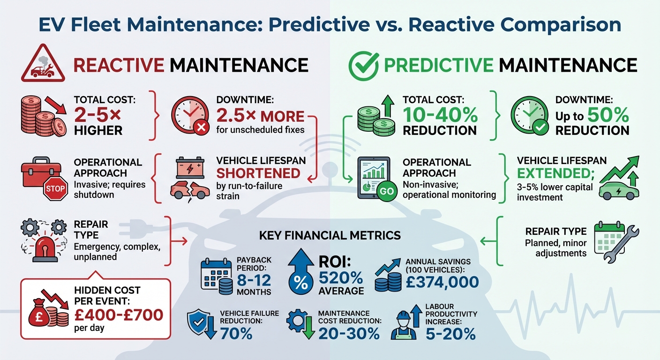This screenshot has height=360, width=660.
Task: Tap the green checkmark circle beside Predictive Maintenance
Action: pos(363,65)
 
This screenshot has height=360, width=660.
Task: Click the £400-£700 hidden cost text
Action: pos(118,314)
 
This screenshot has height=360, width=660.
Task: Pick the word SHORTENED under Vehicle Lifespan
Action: pos(258,173)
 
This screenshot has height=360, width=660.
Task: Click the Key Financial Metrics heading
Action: pos(330,235)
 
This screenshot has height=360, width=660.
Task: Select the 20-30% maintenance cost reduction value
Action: pos(349,333)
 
